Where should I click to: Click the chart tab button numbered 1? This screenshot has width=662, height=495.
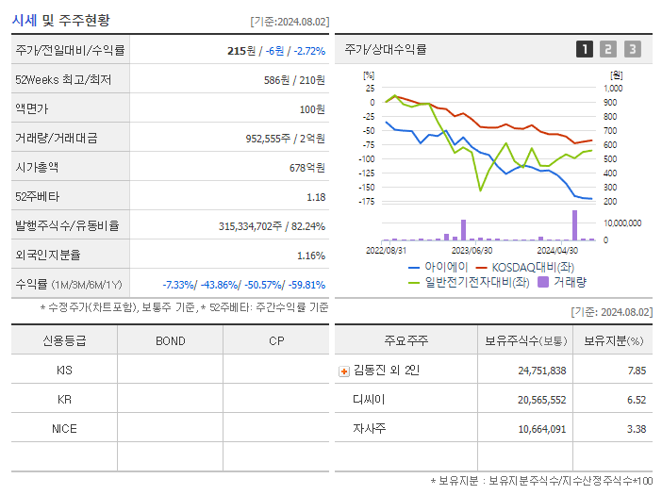click(585, 49)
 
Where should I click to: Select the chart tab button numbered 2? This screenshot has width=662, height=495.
click(608, 49)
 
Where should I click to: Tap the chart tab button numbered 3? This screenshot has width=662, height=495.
click(632, 49)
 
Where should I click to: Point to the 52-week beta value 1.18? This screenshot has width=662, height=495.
click(316, 197)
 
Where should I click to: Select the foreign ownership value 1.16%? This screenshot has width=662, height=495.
click(310, 256)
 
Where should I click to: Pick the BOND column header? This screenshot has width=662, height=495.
click(170, 340)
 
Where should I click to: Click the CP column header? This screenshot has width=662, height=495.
click(276, 340)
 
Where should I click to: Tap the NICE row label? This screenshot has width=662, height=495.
click(64, 428)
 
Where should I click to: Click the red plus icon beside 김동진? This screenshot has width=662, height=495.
click(343, 371)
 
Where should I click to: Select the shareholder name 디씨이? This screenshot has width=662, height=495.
click(369, 399)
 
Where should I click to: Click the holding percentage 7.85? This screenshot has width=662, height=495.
click(637, 371)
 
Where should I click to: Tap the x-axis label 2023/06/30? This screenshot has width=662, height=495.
click(472, 251)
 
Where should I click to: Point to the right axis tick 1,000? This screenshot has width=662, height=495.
click(613, 88)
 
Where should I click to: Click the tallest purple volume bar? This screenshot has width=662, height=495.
click(574, 225)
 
